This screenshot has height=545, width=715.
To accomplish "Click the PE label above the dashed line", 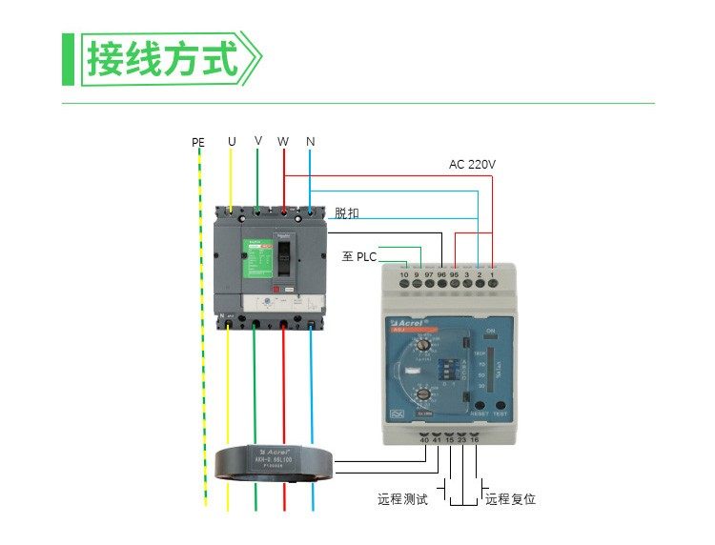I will pos(198,143).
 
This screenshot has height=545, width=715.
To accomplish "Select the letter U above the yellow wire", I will pos(232,141).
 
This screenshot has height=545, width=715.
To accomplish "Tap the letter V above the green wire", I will pos(258,140).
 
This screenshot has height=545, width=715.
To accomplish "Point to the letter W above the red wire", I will pos(283,141).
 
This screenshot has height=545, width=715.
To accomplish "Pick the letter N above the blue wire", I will pos(311,141).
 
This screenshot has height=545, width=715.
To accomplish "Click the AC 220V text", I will pos(472,165).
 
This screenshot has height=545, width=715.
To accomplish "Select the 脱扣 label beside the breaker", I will pos(347,213).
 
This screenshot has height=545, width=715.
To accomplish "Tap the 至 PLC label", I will pos(359,256).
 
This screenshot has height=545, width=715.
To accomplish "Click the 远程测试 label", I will pos(402,499).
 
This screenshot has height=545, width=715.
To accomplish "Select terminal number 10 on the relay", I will pos(404,275).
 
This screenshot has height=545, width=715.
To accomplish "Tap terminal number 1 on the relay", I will pos(492,275).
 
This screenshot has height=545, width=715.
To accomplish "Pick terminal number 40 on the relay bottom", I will pos(424,439).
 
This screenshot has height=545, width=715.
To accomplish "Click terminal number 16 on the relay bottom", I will pos(475,439).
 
